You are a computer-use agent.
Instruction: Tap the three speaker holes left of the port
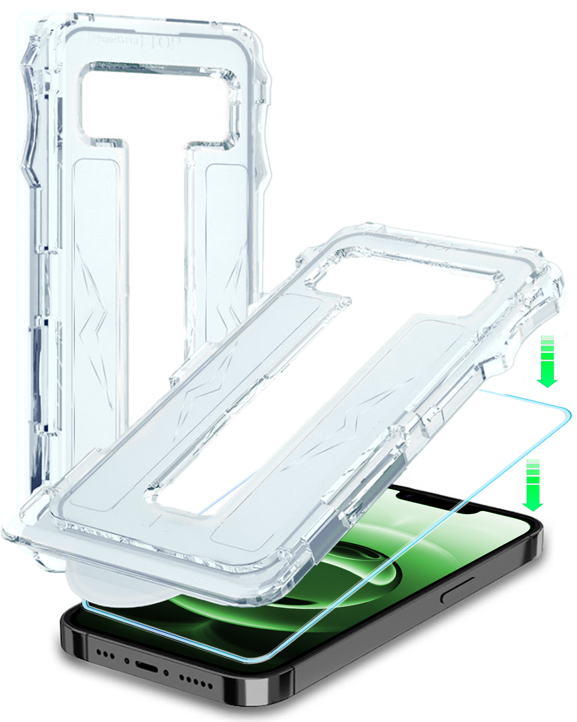pyautogui.click(x=106, y=655)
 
